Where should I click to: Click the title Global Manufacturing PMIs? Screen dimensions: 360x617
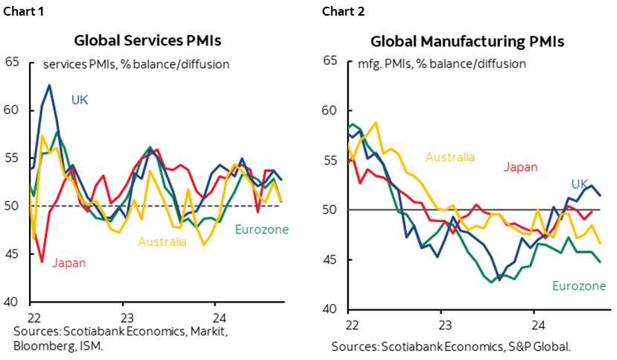(467, 41)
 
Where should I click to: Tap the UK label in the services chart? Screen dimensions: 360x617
(80, 99)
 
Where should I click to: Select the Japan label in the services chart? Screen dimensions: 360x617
(69, 262)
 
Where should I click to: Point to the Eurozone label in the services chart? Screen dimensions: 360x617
(262, 230)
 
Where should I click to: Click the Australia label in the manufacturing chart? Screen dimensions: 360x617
(449, 157)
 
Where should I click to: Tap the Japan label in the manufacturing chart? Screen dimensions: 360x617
(520, 167)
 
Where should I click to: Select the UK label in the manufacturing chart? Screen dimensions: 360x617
(580, 184)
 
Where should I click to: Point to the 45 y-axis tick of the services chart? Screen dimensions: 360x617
(12, 254)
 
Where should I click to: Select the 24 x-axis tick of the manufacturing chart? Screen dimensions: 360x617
(536, 325)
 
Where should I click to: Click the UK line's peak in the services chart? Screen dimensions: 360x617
(49, 85)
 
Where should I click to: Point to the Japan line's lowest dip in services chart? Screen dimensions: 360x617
(42, 262)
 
